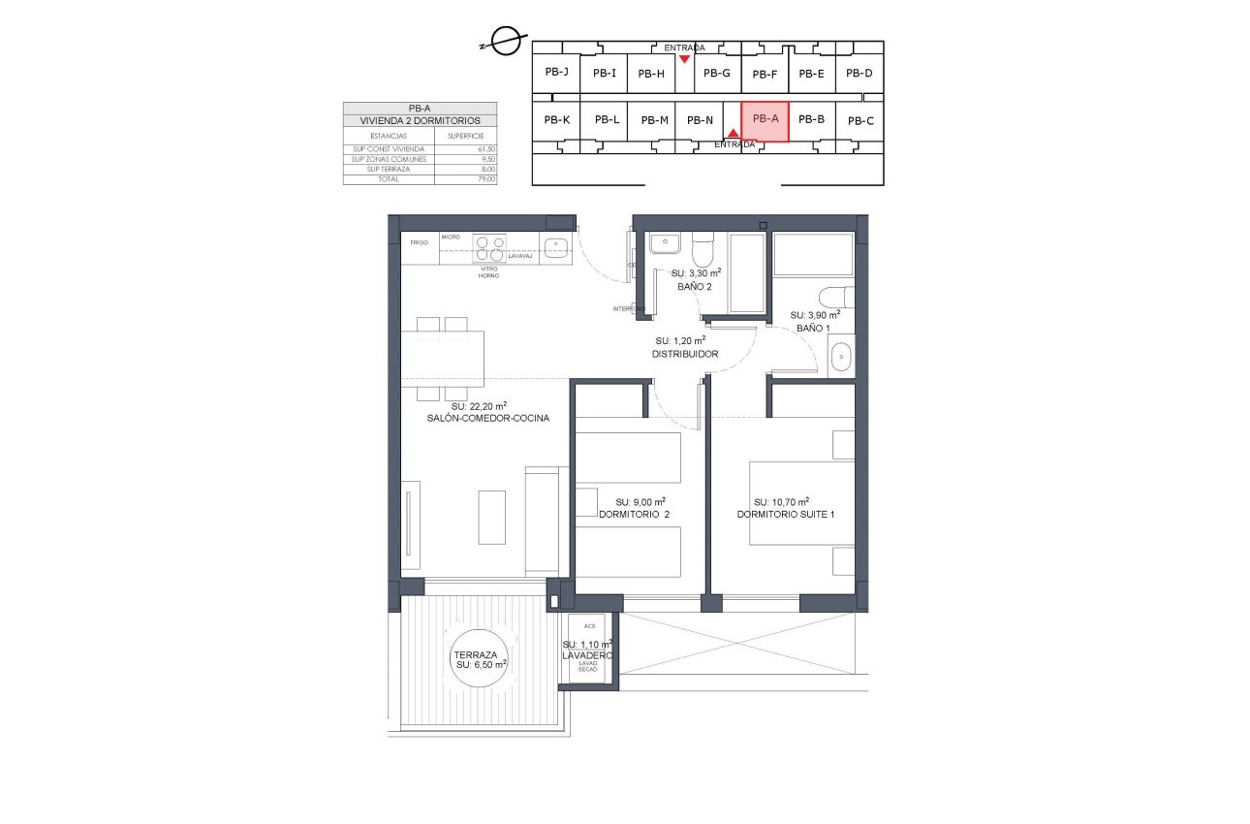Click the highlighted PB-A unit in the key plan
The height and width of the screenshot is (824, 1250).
click(765, 120)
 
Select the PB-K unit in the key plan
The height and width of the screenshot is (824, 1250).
click(556, 120)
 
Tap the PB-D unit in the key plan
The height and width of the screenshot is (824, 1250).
click(859, 73)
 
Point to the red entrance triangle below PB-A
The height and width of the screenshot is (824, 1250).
click(734, 134)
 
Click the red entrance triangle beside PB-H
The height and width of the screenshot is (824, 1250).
click(684, 58)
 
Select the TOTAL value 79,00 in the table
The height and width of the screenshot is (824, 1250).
click(485, 179)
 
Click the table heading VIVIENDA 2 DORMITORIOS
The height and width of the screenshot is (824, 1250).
click(420, 120)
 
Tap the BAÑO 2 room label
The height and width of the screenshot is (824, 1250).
click(695, 287)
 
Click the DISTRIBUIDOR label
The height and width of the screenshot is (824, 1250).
click(684, 354)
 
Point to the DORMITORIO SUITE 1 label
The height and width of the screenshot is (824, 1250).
click(785, 514)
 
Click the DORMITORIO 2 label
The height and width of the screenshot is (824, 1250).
click(635, 514)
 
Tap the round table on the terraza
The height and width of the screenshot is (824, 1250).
click(481, 659)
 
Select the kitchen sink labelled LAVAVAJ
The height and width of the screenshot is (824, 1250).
click(555, 246)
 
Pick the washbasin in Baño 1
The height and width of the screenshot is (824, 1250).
click(842, 356)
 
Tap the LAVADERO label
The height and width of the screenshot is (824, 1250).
click(587, 656)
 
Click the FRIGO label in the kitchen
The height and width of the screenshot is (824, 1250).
click(419, 242)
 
